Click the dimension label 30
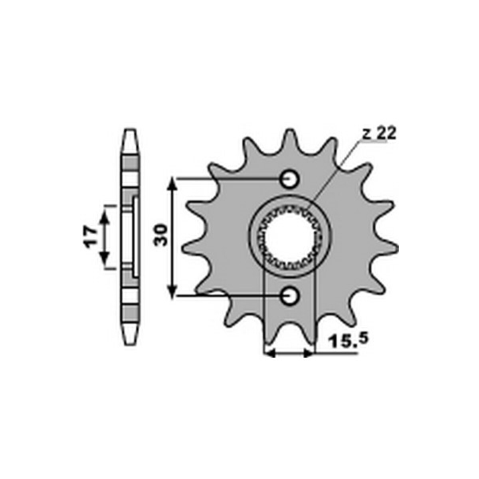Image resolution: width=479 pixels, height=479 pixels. coord(161,235)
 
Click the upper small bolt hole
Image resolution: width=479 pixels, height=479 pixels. coord(289,178)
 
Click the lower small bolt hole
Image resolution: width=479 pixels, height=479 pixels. coord(289,295)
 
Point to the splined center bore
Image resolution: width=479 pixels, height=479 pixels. coord(289,237)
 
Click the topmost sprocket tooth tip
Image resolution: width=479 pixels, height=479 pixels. coord(289,130)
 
